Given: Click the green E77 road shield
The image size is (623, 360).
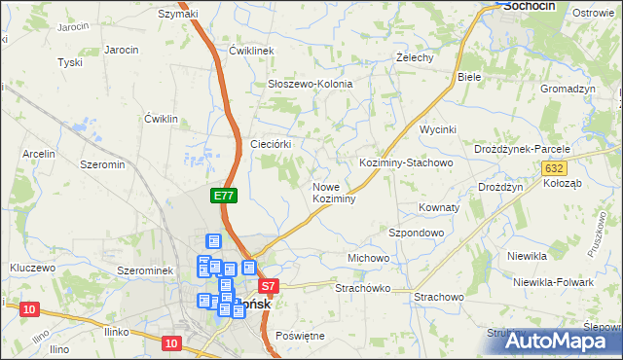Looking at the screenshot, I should (x=223, y=196).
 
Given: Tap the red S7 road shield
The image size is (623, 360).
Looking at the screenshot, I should (x=270, y=286).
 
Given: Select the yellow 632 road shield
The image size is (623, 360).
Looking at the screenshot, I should (x=553, y=168).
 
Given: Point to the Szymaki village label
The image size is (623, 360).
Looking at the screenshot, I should (x=178, y=14).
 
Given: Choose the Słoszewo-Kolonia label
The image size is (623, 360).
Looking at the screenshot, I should (x=310, y=84).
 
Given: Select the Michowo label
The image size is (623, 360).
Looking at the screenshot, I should (x=369, y=258).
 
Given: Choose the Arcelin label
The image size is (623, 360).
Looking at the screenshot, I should (x=39, y=154).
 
